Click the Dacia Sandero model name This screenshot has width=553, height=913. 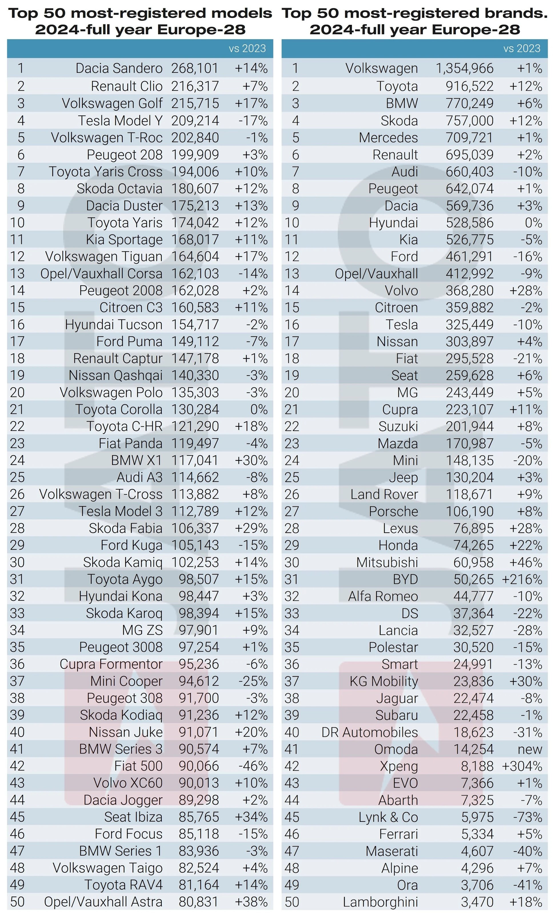click(119, 68)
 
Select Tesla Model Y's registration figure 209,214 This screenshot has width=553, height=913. click(195, 120)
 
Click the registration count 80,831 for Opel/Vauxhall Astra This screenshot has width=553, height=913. click(199, 902)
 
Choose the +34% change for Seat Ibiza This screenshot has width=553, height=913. click(251, 817)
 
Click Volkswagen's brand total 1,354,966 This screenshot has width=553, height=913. click(464, 68)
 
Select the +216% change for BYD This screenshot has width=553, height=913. click(522, 579)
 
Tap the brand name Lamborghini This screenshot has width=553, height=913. click(380, 902)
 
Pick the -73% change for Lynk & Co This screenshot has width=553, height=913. click(528, 817)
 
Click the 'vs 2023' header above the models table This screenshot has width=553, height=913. click(247, 49)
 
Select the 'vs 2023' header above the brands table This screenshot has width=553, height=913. click(522, 49)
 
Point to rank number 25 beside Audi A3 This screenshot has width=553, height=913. click(17, 477)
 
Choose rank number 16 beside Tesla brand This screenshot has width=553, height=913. click(292, 325)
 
